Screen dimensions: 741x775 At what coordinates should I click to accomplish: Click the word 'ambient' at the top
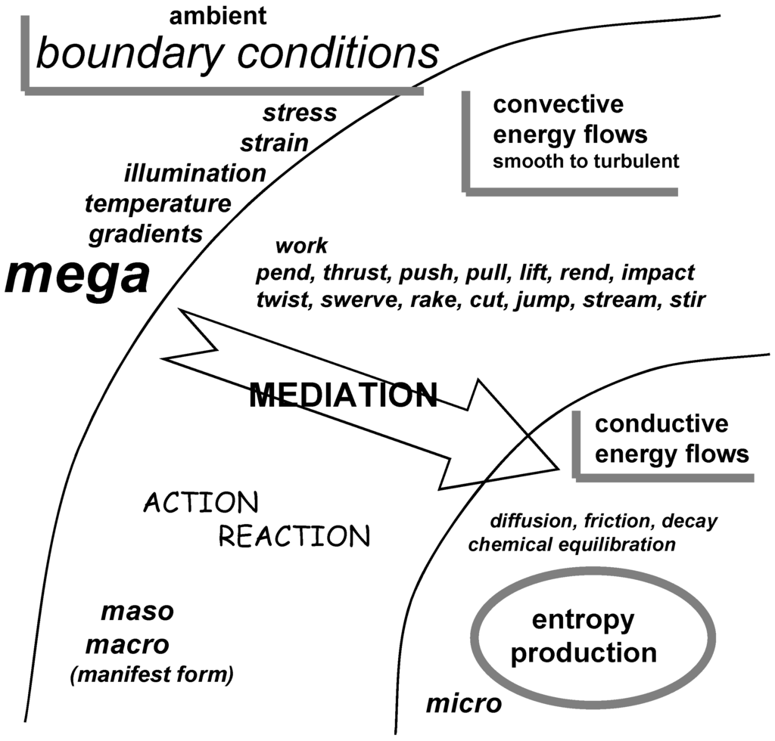218,15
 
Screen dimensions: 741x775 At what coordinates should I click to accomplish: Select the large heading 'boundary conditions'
237,54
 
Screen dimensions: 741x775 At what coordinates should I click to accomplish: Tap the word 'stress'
300,113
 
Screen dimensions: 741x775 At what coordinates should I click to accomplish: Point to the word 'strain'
274,143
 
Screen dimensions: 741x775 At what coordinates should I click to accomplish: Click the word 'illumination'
195,173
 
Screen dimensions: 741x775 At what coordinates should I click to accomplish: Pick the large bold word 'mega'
77,276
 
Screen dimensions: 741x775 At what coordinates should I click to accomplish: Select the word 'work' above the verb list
301,246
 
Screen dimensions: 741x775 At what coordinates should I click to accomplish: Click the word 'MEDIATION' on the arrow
344,395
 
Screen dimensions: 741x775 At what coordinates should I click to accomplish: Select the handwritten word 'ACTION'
201,502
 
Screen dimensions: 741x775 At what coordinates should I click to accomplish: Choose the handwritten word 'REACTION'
294,536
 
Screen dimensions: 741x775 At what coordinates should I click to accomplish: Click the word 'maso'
137,611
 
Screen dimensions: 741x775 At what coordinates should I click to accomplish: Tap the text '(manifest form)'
151,674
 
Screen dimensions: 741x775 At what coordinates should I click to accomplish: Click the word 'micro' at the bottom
464,704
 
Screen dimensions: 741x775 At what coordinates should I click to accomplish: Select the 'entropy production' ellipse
584,637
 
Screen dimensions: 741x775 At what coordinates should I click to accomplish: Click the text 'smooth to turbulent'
586,161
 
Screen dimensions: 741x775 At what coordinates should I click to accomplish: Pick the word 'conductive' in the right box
661,423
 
